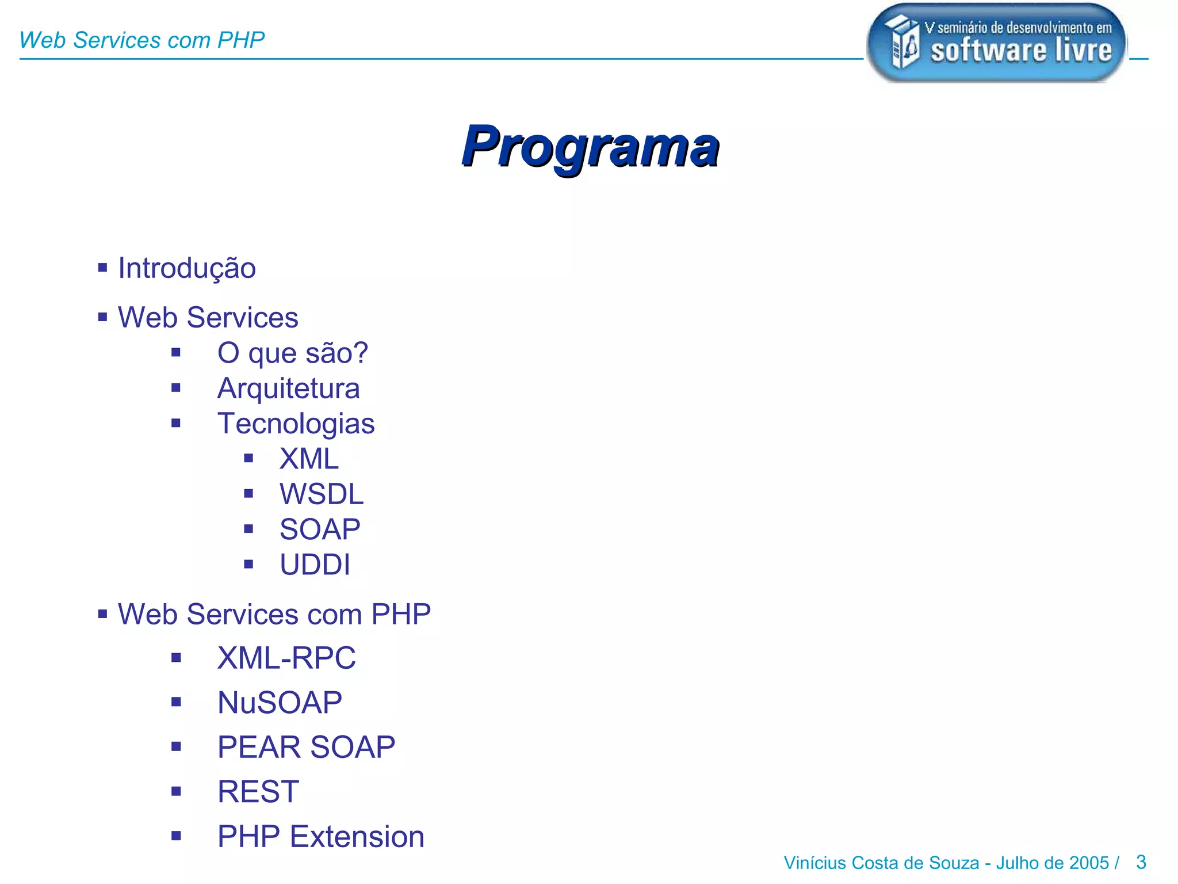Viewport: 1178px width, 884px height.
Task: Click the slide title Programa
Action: coord(590,146)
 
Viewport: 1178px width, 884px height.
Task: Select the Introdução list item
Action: coord(187,268)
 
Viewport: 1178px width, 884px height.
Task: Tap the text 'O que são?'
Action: coord(292,353)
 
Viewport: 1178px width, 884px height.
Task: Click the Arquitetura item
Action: coord(288,388)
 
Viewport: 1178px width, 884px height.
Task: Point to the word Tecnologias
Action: coord(296,424)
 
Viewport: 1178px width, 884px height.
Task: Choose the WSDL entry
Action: coord(322,494)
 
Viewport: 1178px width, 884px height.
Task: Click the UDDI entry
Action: coord(315,565)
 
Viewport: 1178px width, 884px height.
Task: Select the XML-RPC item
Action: coord(286,658)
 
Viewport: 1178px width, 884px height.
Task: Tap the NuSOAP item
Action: coord(280,703)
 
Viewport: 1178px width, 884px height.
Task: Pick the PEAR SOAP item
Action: coord(306,747)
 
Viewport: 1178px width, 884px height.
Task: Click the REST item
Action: coord(258,792)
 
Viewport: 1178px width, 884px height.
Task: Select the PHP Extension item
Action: coord(320,837)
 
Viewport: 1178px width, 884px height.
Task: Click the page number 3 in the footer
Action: coord(1141,862)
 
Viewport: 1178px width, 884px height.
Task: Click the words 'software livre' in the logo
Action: coord(1021,51)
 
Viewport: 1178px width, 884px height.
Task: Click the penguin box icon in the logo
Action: coord(902,42)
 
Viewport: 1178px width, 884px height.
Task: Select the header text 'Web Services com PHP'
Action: coord(141,40)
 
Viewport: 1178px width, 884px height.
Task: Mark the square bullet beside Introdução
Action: coord(102,267)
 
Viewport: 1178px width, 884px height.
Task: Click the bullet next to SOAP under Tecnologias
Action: coord(248,529)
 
